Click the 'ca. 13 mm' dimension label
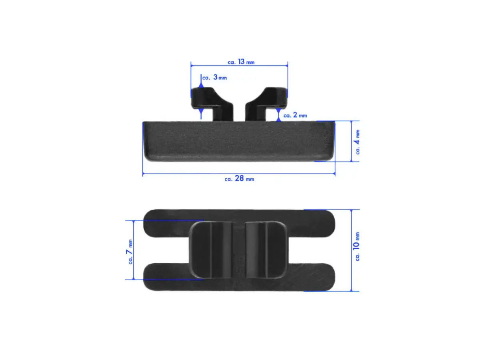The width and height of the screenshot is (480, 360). (241, 62)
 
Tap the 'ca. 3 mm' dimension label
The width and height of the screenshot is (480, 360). (214, 77)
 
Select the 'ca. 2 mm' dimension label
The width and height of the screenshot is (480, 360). (295, 115)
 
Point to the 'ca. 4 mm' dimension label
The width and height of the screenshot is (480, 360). (357, 142)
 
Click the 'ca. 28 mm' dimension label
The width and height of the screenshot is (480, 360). (239, 178)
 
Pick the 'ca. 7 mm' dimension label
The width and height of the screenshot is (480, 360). (130, 252)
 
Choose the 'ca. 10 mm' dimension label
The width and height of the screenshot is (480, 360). (356, 246)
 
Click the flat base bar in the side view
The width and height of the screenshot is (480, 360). (238, 141)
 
